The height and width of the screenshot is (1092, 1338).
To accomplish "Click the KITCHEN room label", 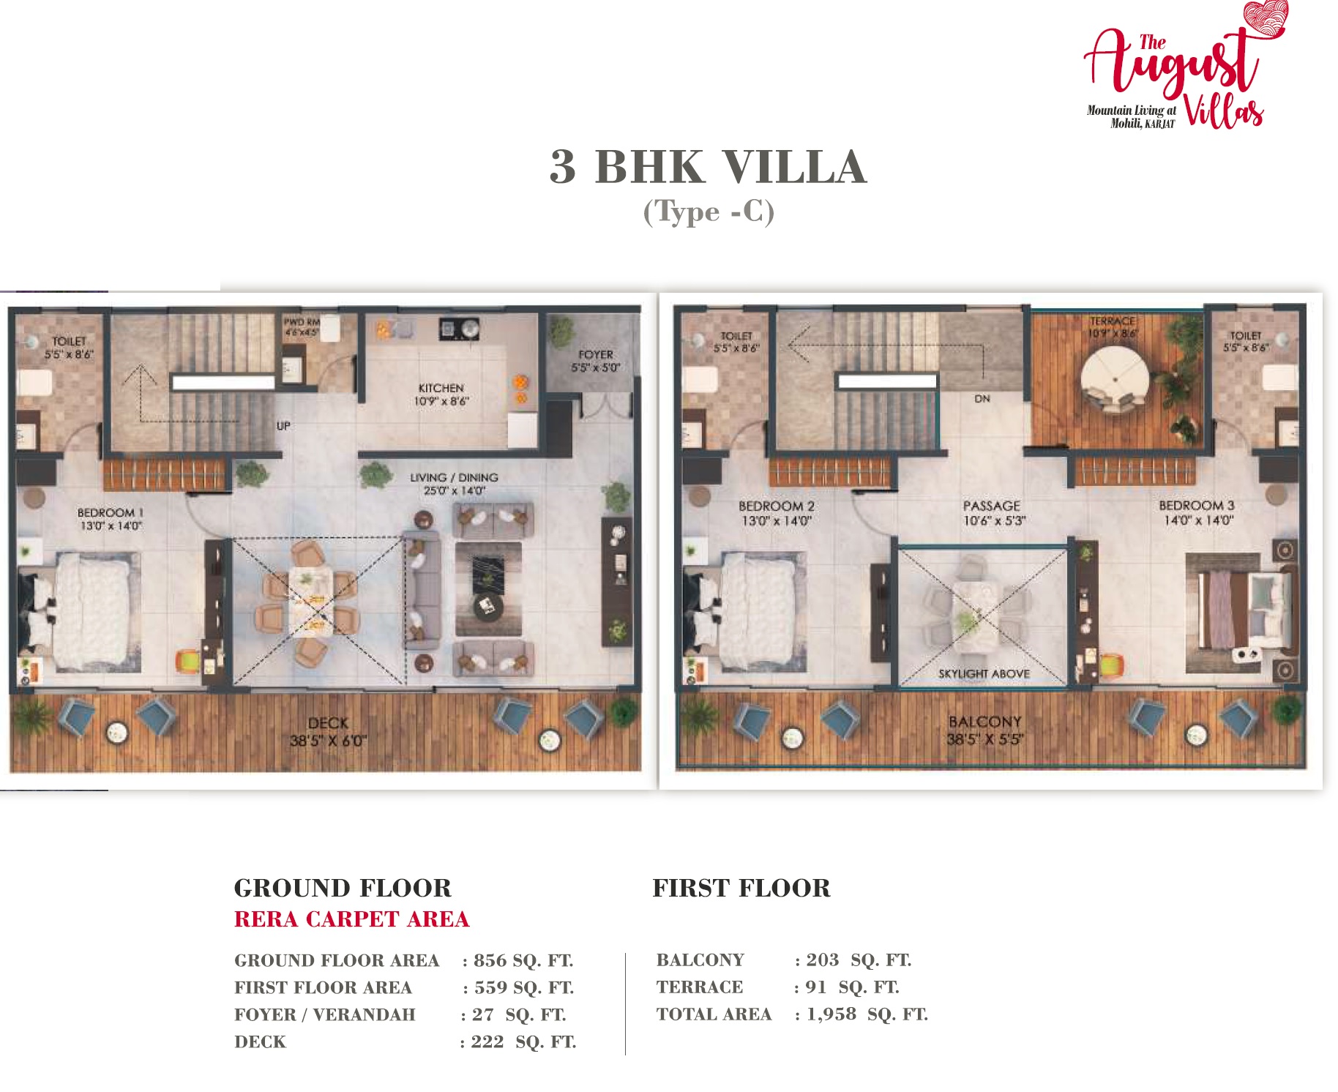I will pos(441,388).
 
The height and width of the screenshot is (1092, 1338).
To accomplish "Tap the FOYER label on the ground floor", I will pos(595,354).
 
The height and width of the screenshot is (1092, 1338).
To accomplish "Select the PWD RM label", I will pos(302,322).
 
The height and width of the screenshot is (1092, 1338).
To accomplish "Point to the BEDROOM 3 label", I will pos(1196,506).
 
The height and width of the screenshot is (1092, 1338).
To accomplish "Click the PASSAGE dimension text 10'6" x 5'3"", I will pos(994,520).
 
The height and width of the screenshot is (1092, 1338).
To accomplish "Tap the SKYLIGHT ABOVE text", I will pos(983,673).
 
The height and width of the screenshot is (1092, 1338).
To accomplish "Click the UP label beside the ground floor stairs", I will pos(283,426).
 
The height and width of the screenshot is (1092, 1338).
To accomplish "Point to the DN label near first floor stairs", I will pos(982,399).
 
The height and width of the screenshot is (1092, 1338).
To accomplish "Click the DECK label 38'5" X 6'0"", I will pos(327,732).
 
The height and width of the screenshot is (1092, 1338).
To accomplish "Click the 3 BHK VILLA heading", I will pos(708,167).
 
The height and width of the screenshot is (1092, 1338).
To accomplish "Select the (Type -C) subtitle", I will pos(708,212).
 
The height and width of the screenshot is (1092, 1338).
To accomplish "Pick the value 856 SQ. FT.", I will pos(523,960).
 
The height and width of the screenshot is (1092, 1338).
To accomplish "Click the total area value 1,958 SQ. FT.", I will pos(867,1014).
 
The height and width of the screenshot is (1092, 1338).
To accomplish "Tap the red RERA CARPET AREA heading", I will pos(351,919).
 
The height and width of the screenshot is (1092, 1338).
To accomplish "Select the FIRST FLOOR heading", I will pos(741,889).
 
